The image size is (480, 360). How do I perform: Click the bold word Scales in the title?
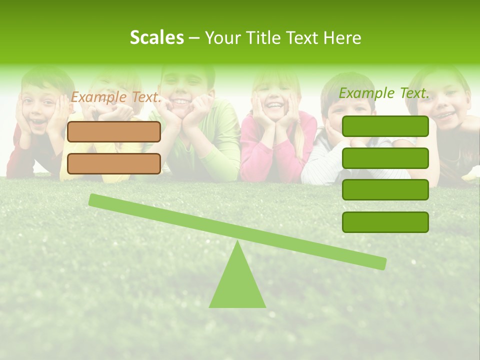pyautogui.click(x=156, y=37)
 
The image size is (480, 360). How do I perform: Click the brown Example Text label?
pyautogui.click(x=115, y=97)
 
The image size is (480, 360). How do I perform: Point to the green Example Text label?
pyautogui.click(x=384, y=93)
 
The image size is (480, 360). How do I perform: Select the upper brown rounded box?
pyautogui.click(x=114, y=131)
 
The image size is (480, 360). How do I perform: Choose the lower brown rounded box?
pyautogui.click(x=114, y=163)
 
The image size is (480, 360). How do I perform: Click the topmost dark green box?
pyautogui.click(x=385, y=126)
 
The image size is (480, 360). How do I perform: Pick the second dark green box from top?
pyautogui.click(x=385, y=158)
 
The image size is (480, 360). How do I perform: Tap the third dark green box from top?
pyautogui.click(x=385, y=190)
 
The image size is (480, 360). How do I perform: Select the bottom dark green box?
pyautogui.click(x=385, y=222)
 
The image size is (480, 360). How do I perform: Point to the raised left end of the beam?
pyautogui.click(x=94, y=199)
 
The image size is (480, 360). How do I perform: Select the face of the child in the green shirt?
pyautogui.click(x=182, y=87)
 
